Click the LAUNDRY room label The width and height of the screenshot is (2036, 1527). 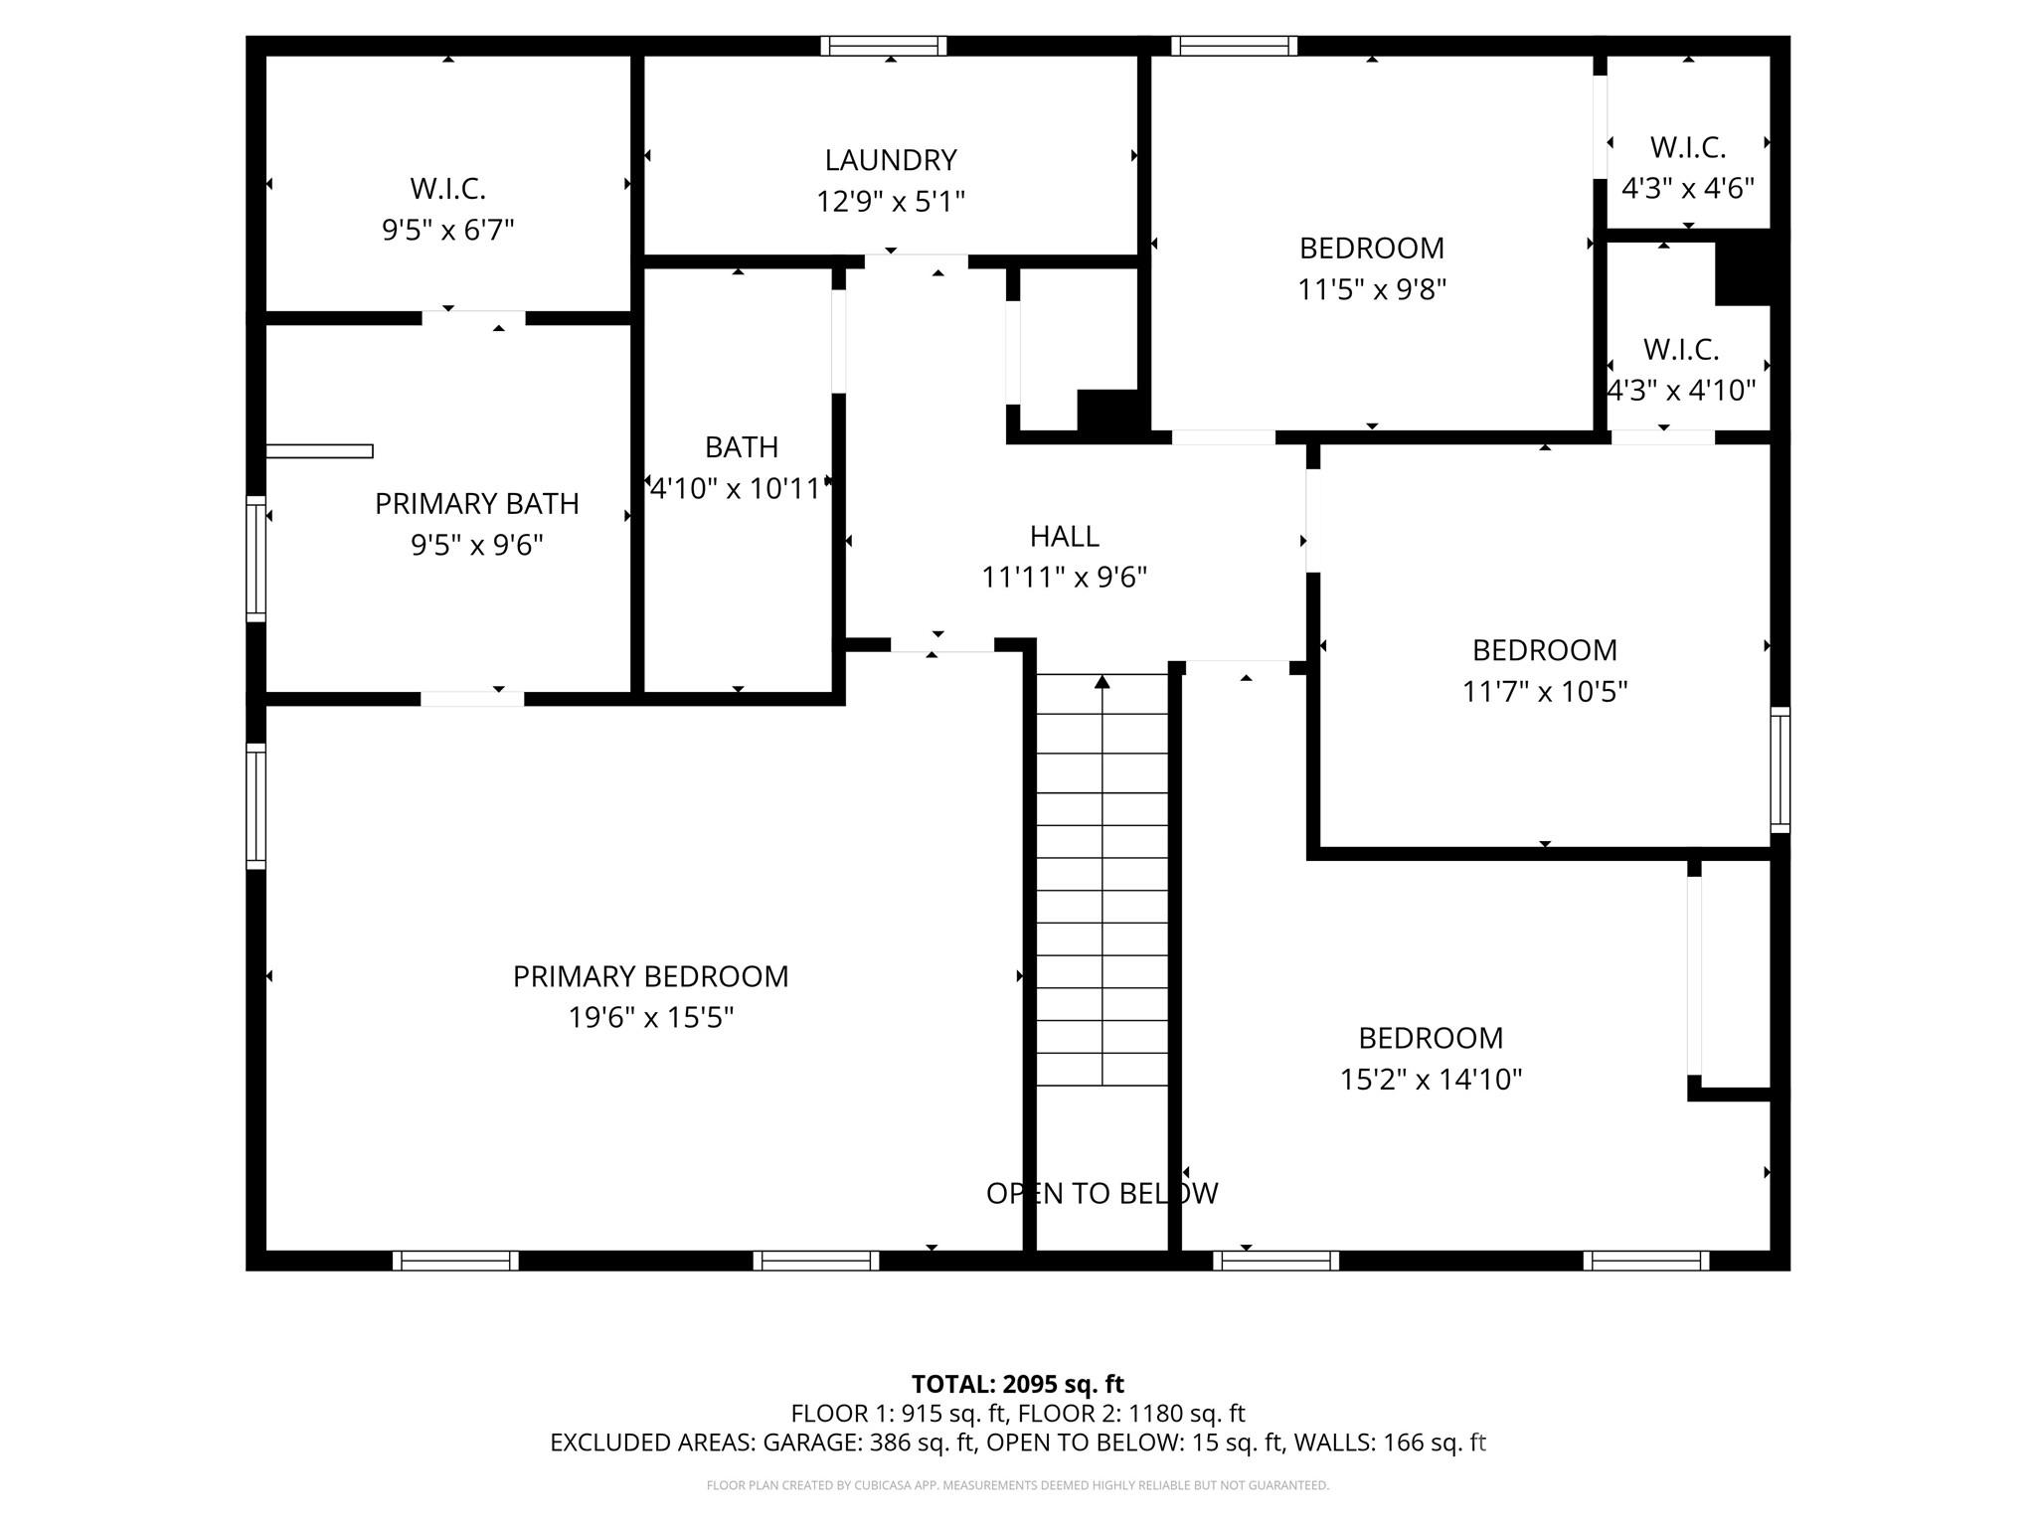891,160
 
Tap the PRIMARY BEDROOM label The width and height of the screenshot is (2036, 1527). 650,976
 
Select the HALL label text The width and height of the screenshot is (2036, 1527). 1064,537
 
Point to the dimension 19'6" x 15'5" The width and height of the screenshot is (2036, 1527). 650,1018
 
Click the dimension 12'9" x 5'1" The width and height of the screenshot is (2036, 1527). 891,202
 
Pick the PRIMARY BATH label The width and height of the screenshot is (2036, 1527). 476,504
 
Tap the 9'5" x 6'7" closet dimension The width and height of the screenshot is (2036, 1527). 448,231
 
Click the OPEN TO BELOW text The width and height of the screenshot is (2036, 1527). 1102,1193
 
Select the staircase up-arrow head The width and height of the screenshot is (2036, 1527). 1102,681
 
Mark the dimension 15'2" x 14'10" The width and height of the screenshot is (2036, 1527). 1431,1080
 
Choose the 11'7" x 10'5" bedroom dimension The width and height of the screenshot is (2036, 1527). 1545,691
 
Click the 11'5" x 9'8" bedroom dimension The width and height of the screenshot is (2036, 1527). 1372,289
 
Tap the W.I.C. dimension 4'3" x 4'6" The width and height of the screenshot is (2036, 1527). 1688,188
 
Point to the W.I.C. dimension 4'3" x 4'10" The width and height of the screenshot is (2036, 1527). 1682,391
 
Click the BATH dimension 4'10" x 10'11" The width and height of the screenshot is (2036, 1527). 738,488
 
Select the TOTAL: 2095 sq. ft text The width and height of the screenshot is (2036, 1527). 1017,1384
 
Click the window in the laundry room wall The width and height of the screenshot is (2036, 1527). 884,46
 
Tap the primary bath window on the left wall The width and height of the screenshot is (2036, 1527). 256,559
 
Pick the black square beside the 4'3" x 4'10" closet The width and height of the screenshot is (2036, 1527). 1744,267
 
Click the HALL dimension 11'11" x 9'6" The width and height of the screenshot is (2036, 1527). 1064,578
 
